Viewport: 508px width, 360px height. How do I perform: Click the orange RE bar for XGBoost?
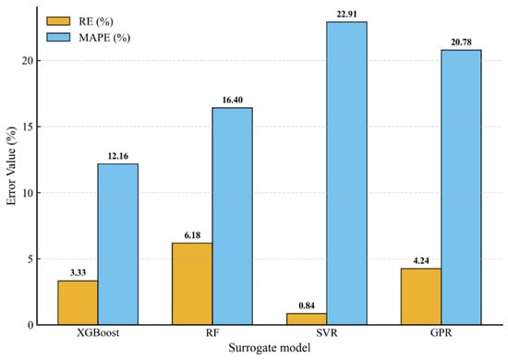pyautogui.click(x=78, y=303)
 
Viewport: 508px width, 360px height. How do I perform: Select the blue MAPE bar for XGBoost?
pyautogui.click(x=118, y=245)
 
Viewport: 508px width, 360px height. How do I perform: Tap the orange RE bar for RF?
pyautogui.click(x=192, y=284)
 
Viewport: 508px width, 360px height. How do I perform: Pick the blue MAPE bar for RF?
pyautogui.click(x=232, y=216)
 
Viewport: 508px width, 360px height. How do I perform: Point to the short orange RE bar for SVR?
pyautogui.click(x=307, y=318)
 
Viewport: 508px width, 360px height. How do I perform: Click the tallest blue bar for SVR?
pyautogui.click(x=346, y=174)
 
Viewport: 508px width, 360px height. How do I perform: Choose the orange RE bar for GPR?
pyautogui.click(x=421, y=296)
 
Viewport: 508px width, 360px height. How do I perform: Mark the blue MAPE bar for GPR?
pyautogui.click(x=461, y=187)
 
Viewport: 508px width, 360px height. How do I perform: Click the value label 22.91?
pyautogui.click(x=346, y=14)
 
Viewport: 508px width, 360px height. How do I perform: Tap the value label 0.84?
pyautogui.click(x=307, y=306)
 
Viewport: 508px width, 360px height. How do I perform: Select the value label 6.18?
pyautogui.click(x=192, y=235)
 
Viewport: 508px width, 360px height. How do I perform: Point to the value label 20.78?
pyautogui.click(x=461, y=42)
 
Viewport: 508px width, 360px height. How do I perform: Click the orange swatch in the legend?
pyautogui.click(x=58, y=21)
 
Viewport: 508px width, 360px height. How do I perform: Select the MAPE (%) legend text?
pyautogui.click(x=104, y=38)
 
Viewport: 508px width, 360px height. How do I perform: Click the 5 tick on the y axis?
pyautogui.click(x=30, y=259)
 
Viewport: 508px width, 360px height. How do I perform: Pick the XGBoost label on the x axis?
pyautogui.click(x=98, y=333)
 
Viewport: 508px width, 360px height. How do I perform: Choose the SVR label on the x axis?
pyautogui.click(x=327, y=333)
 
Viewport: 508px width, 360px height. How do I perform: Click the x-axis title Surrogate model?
pyautogui.click(x=270, y=348)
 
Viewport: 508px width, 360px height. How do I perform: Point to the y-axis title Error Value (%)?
pyautogui.click(x=11, y=166)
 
